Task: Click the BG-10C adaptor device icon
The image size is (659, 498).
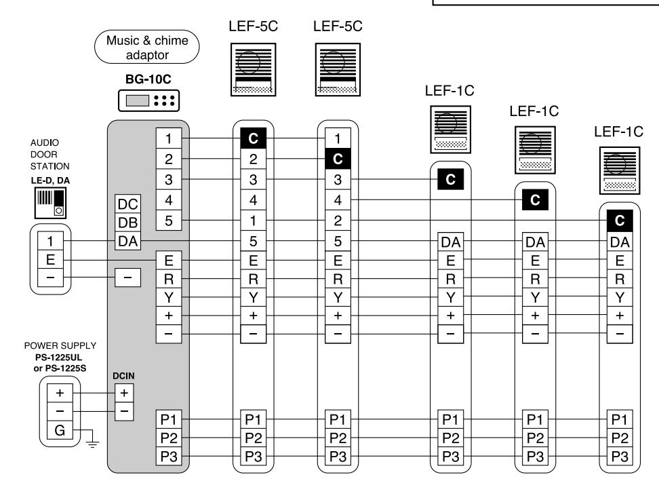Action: click(x=148, y=100)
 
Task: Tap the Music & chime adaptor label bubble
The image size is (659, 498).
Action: click(x=147, y=47)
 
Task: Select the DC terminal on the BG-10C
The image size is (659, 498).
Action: click(x=127, y=204)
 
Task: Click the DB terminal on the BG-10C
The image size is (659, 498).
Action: click(x=127, y=223)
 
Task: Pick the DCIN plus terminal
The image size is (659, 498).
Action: click(x=124, y=393)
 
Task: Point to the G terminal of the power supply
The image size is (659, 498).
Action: click(x=60, y=430)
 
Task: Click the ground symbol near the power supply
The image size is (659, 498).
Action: click(x=92, y=443)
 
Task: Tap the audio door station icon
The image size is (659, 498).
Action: click(x=50, y=202)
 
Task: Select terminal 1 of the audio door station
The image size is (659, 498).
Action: click(x=50, y=241)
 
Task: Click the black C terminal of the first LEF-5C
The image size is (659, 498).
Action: click(x=253, y=138)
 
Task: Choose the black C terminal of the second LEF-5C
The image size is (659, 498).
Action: click(x=338, y=159)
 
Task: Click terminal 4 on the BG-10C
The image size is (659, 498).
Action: click(x=169, y=199)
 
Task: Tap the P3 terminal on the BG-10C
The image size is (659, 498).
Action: click(x=169, y=456)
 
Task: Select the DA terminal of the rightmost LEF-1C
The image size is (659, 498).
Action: click(x=620, y=242)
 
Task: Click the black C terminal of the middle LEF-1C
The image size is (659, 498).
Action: click(x=535, y=199)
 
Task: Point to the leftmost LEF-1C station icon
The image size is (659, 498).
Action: click(x=451, y=130)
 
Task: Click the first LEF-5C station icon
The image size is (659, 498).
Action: click(x=253, y=69)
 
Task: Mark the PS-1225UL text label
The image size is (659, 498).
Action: click(x=53, y=358)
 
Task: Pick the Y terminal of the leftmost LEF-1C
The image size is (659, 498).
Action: click(x=451, y=297)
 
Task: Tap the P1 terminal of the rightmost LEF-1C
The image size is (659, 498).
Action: click(x=620, y=419)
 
